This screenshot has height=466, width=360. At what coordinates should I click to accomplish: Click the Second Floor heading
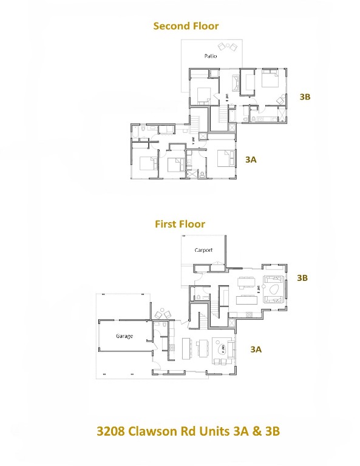pos(186,26)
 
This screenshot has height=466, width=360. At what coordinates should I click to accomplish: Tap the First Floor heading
pos(180,224)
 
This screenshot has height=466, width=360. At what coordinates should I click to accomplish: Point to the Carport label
pos(203,250)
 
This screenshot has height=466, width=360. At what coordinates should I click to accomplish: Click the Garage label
pos(124,336)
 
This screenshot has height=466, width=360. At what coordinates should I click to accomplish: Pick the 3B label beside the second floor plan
pos(305,96)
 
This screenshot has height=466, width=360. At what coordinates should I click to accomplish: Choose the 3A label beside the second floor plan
pos(251,160)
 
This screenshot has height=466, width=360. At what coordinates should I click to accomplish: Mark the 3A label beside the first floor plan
pos(256,349)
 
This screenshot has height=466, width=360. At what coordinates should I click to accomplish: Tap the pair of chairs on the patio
pos(228,46)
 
